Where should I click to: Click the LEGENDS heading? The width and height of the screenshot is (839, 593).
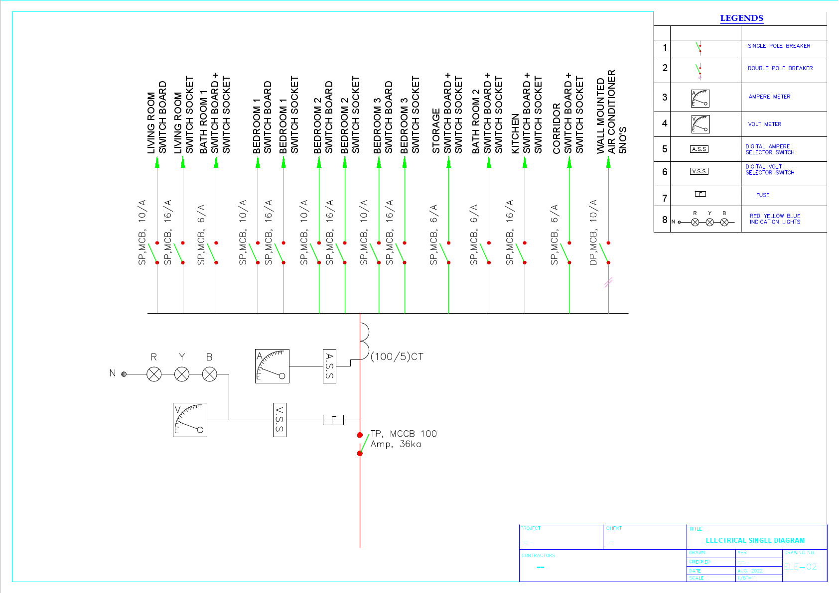[x=741, y=18]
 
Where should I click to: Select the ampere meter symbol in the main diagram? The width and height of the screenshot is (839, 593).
[x=272, y=366]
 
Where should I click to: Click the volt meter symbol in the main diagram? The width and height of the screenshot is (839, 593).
[x=190, y=420]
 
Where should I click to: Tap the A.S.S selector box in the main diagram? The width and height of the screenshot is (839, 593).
[x=329, y=366]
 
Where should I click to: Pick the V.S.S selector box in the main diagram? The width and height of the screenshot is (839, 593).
[x=280, y=420]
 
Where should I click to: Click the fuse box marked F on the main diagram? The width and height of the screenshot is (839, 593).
[x=333, y=420]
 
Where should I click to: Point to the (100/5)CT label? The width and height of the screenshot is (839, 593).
[x=397, y=356]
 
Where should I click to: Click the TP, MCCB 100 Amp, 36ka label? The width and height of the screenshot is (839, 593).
[x=403, y=439]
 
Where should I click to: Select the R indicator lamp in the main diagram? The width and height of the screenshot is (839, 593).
[x=154, y=374]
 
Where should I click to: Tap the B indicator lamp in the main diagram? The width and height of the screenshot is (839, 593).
[x=210, y=374]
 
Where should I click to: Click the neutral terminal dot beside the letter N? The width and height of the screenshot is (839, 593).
[x=124, y=374]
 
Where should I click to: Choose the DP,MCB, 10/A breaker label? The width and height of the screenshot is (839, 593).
[x=593, y=233]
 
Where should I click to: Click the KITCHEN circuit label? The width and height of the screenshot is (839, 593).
[x=516, y=133]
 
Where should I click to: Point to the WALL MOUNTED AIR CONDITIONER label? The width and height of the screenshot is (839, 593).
[x=606, y=112]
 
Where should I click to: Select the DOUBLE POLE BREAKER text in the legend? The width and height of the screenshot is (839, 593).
[x=780, y=68]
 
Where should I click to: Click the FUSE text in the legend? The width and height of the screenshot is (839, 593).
[x=762, y=195]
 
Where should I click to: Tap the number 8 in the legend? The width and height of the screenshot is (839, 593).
[x=665, y=220]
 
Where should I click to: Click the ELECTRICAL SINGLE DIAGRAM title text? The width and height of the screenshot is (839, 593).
[x=755, y=540]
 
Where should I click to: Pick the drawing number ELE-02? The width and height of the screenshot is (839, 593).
[x=800, y=567]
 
